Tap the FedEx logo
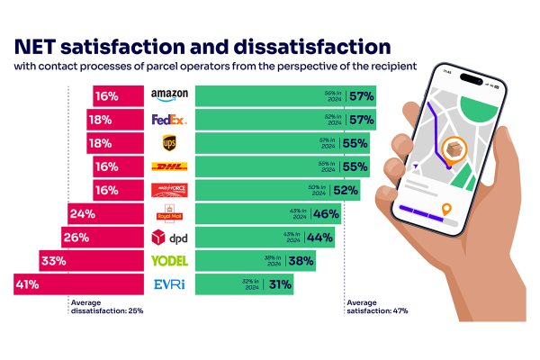point(168,119)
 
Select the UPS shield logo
point(169,142)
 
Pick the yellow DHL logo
point(169,166)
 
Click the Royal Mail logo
point(169,214)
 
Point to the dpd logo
point(169,238)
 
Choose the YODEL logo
point(169,262)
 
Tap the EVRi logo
point(169,285)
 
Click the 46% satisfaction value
point(326,214)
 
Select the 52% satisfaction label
point(346,190)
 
